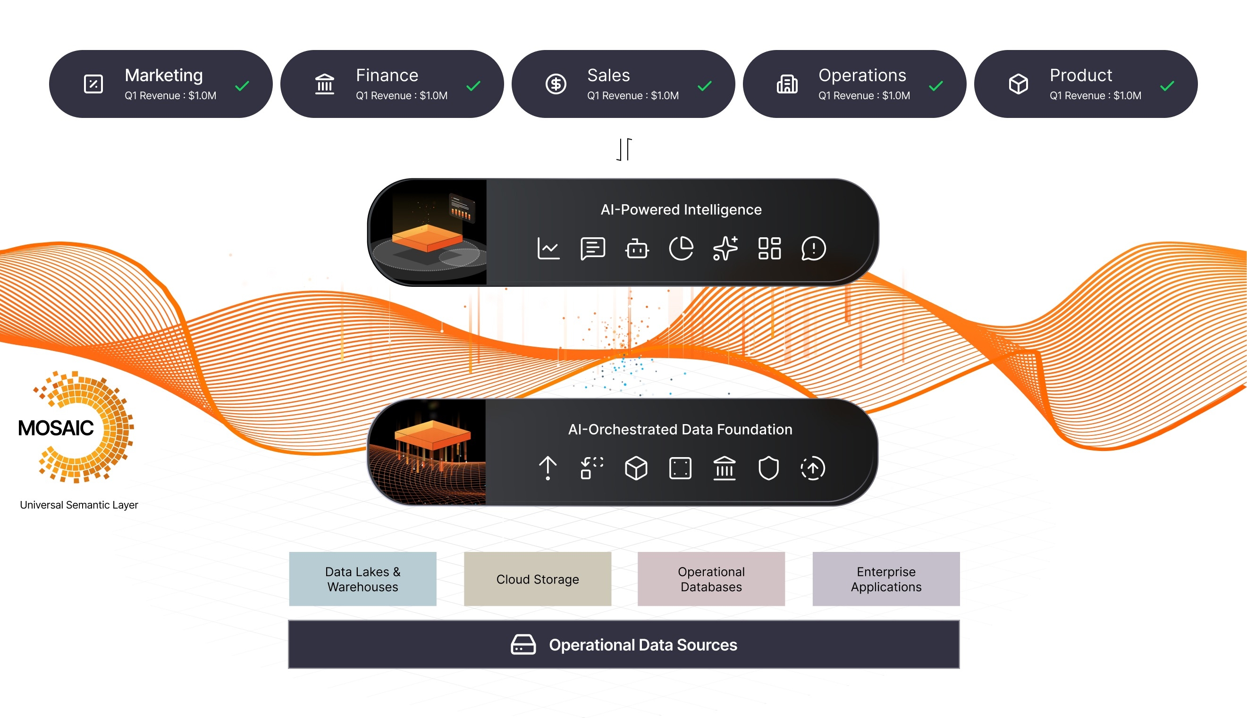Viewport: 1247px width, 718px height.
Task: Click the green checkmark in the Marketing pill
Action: point(242,86)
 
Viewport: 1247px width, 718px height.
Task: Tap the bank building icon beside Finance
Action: point(325,84)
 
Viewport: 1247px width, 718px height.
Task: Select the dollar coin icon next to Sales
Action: point(556,84)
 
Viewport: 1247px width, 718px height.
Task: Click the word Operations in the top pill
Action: point(862,75)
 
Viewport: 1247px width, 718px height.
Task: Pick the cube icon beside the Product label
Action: point(1018,84)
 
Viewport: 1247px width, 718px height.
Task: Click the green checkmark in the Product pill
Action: point(1167,86)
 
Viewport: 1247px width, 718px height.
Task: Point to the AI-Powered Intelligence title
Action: point(681,209)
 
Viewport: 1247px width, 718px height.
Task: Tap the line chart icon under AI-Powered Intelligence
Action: point(548,248)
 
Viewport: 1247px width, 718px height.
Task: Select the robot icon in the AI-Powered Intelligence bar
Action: point(637,249)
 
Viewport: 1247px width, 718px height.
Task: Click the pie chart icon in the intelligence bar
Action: point(681,248)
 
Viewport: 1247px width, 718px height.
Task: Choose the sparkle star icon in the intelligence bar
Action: point(725,248)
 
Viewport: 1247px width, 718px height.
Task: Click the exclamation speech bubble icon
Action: point(813,248)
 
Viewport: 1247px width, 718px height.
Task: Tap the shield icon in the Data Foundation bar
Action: point(768,468)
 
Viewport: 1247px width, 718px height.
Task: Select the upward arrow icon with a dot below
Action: point(548,468)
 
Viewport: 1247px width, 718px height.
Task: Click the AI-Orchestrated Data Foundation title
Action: point(680,429)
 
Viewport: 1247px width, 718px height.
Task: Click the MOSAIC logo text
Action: point(56,428)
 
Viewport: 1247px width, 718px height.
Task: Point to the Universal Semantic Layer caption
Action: point(79,505)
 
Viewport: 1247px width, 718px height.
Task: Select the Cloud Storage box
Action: point(537,579)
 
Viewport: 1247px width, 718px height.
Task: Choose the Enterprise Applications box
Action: point(886,579)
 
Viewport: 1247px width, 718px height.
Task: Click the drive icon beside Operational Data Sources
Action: point(523,644)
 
